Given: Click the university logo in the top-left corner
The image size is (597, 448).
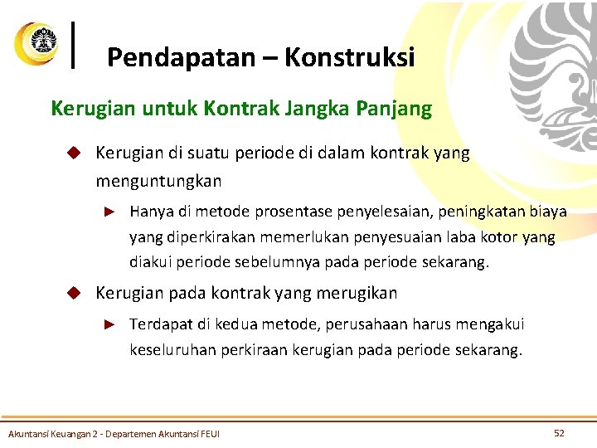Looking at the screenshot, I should [36, 42].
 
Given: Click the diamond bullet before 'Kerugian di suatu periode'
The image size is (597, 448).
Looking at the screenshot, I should [74, 153].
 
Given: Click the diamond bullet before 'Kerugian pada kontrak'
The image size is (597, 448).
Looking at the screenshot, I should [74, 293].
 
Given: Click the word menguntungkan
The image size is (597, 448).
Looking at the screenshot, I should [158, 180].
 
